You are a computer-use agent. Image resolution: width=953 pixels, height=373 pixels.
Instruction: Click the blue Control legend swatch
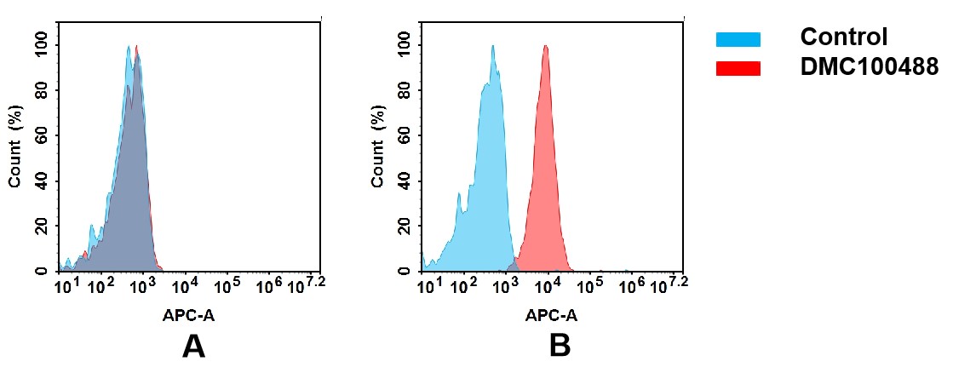click(738, 39)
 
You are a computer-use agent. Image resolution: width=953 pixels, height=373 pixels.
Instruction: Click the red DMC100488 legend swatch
click(738, 68)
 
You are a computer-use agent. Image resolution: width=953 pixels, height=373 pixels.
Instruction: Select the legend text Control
click(843, 37)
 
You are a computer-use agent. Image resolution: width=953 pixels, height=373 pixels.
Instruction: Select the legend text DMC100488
click(869, 67)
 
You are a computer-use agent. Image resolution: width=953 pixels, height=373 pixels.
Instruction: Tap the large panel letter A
click(194, 346)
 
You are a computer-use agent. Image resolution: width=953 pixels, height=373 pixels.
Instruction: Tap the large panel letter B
click(559, 346)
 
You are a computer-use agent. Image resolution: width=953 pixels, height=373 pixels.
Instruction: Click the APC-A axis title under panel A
click(189, 315)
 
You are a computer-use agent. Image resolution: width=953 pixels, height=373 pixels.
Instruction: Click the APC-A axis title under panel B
click(552, 315)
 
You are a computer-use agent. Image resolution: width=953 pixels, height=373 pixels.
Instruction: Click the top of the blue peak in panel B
click(492, 46)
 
